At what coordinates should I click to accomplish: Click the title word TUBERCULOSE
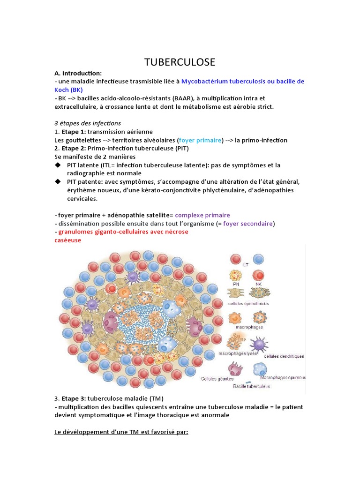[x=180, y=62]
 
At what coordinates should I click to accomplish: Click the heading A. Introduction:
[x=78, y=73]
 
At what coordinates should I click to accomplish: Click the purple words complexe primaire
[x=202, y=215]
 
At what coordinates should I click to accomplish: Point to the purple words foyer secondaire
[x=248, y=224]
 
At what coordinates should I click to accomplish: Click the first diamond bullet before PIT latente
[x=58, y=165]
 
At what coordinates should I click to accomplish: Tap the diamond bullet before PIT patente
[x=58, y=181]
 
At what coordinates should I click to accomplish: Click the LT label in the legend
[x=246, y=265]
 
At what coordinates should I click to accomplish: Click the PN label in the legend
[x=235, y=284]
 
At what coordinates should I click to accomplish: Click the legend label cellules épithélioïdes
[x=248, y=304]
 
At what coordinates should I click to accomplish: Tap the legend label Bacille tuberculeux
[x=251, y=387]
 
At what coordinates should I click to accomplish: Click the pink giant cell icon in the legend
[x=235, y=368]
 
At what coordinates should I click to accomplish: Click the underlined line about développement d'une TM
[x=121, y=432]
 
